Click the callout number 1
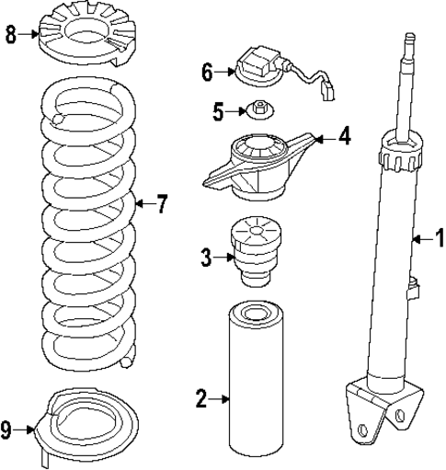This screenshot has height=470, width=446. click(x=439, y=238)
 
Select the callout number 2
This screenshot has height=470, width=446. click(x=201, y=398)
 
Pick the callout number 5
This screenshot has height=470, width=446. click(x=218, y=112)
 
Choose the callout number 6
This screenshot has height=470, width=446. click(x=207, y=70)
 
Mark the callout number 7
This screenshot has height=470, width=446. click(x=162, y=203)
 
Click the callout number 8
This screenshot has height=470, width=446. click(x=10, y=35)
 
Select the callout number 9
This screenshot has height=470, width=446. click(x=7, y=428)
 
